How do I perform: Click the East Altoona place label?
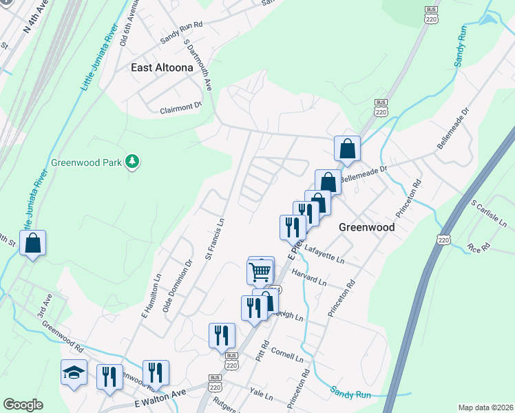click(160, 67)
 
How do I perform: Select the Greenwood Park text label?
click(85, 163)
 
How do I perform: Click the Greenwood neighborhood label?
click(366, 227)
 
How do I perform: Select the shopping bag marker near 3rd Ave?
click(32, 242)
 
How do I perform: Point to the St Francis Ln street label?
click(216, 240)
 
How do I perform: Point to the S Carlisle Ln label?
click(490, 213)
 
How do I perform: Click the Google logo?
click(23, 405)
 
